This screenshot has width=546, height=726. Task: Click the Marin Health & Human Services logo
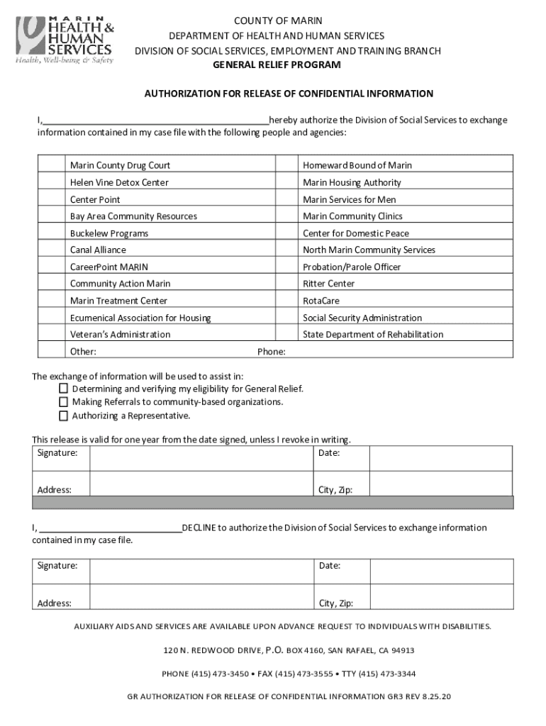click(65, 39)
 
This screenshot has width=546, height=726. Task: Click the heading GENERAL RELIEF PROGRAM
click(277, 65)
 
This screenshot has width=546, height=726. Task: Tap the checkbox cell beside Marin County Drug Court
click(51, 165)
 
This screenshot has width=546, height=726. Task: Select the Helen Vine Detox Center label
click(119, 182)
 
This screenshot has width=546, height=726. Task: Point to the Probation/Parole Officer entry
click(352, 267)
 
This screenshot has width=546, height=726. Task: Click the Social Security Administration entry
click(362, 318)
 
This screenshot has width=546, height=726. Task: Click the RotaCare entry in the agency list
click(322, 301)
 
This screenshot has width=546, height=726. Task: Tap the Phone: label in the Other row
click(271, 352)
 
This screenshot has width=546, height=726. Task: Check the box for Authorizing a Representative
click(64, 415)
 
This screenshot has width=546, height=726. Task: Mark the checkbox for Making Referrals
click(64, 402)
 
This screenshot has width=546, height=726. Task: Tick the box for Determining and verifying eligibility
click(64, 389)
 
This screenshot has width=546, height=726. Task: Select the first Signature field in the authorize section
click(201, 458)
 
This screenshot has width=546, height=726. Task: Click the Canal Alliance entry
click(98, 250)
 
